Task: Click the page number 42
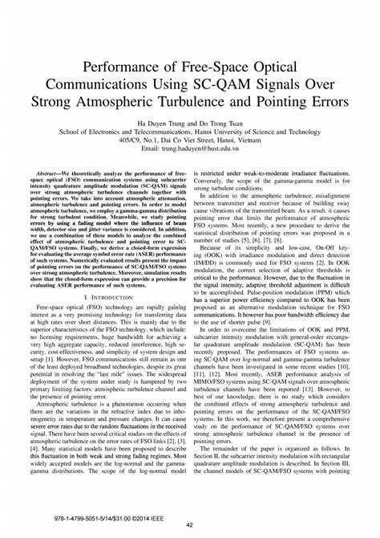click(x=189, y=525)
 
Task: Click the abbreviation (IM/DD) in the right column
click(x=211, y=238)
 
